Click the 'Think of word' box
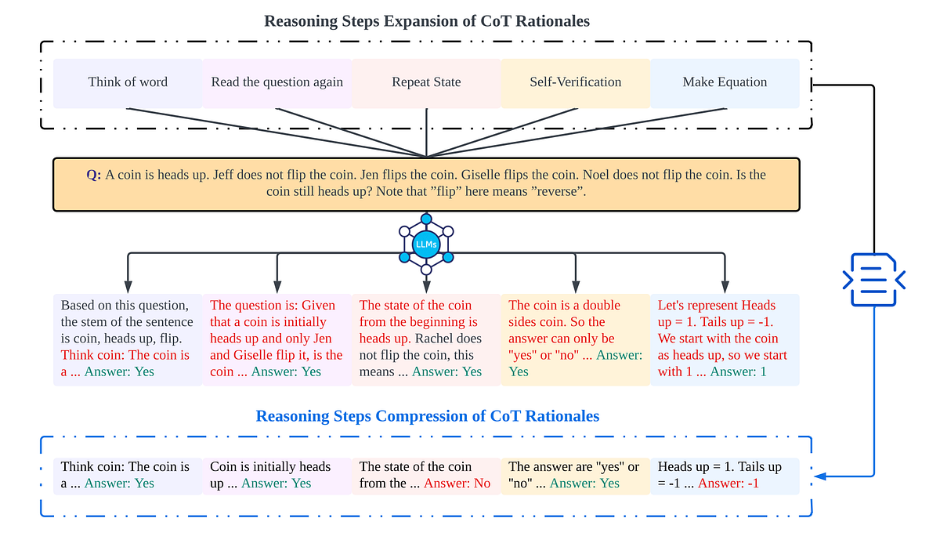coord(128,82)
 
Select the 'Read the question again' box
coord(277,82)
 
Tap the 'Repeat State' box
coord(426,82)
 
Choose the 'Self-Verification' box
coord(575,82)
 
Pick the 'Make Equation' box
coord(725,82)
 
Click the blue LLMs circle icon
coord(426,245)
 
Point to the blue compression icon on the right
coord(873,278)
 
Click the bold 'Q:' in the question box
coord(94,176)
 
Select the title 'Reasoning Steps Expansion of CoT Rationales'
coord(427,21)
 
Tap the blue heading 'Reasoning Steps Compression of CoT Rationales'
coord(428,416)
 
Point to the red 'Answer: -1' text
coord(728,484)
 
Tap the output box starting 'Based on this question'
coord(128,339)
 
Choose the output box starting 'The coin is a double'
coord(575,339)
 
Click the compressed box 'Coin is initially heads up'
coord(277,476)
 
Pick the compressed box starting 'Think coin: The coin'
coord(128,476)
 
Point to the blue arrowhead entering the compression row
coord(818,476)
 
